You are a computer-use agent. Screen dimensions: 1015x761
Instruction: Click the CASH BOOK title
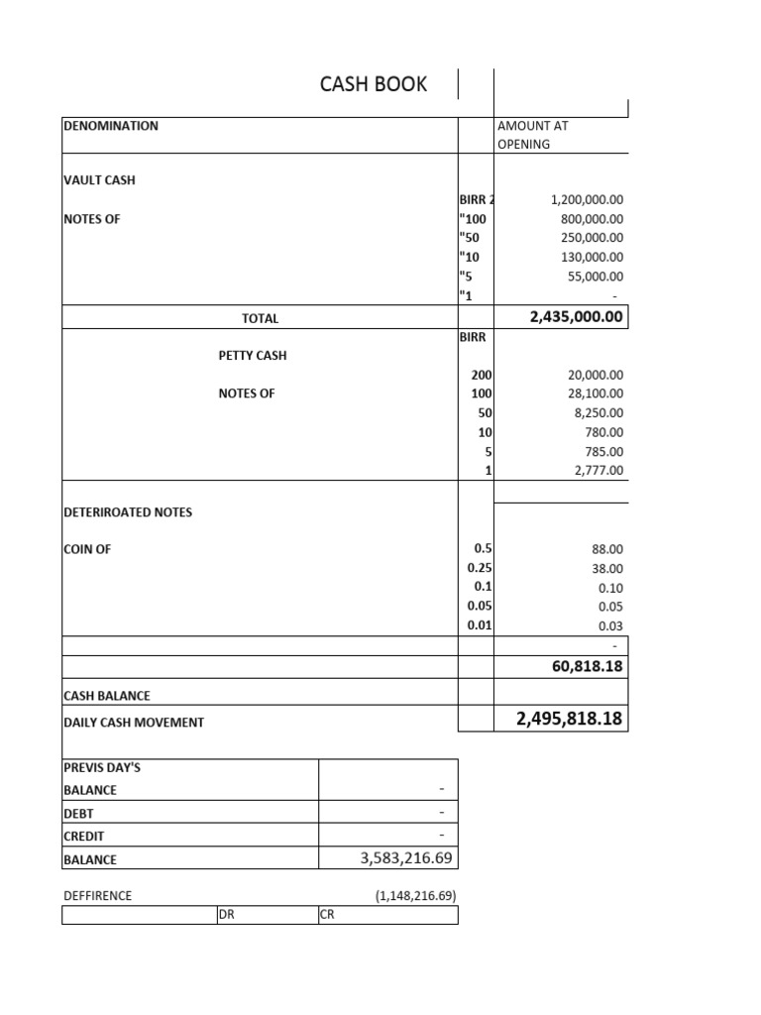374,84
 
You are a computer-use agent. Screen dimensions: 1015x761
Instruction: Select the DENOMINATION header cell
110,126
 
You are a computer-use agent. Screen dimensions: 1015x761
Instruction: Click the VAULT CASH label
99,180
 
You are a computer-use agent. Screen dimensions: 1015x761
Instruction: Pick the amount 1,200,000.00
587,199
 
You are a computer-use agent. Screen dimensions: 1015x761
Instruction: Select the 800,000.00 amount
592,219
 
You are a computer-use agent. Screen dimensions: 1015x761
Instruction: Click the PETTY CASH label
253,355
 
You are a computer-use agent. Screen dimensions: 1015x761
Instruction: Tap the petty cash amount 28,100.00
596,394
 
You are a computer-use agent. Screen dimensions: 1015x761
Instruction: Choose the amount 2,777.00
599,471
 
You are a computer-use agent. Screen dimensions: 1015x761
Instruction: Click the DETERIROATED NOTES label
128,512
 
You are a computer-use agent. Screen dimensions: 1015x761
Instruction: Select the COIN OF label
87,549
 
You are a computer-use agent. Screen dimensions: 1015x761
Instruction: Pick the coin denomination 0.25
480,568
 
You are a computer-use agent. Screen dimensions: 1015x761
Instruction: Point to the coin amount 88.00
607,549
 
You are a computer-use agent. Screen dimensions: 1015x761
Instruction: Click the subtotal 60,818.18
587,667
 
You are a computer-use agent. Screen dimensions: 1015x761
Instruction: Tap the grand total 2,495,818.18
570,719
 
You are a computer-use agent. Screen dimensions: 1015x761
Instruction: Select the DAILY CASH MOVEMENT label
134,723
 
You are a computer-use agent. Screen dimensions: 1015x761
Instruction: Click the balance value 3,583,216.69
408,858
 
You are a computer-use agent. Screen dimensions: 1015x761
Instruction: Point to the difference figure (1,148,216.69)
415,895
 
